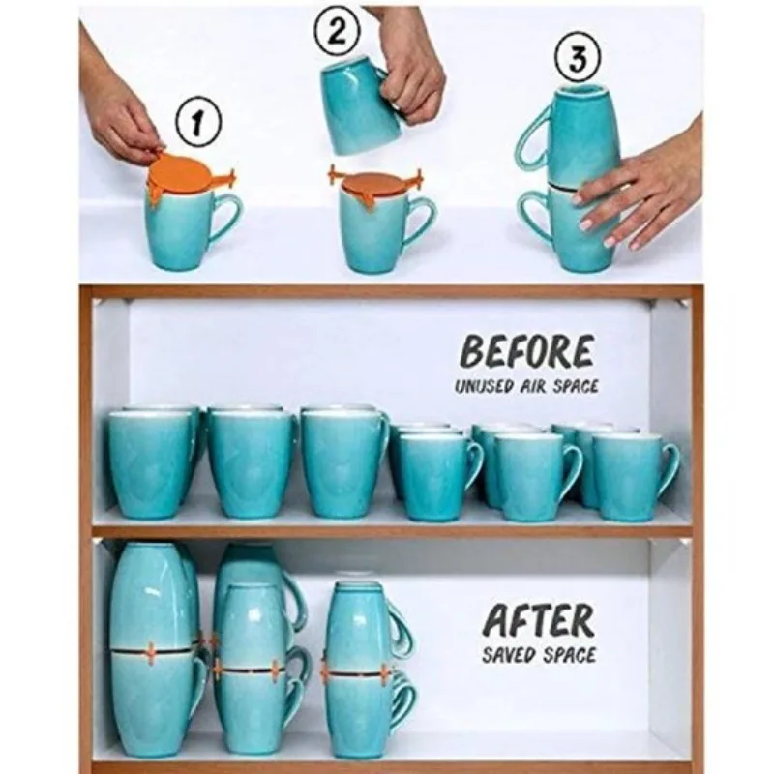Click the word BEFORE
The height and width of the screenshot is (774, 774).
click(x=527, y=352)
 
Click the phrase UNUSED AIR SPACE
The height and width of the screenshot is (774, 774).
click(x=527, y=386)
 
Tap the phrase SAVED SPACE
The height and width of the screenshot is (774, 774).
click(x=539, y=655)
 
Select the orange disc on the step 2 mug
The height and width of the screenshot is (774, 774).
click(x=374, y=183)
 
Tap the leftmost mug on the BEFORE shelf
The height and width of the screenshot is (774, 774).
click(x=150, y=462)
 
